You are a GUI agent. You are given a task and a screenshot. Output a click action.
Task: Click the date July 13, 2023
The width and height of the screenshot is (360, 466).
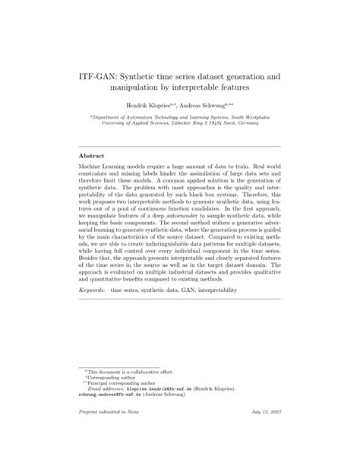(x=262, y=431)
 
